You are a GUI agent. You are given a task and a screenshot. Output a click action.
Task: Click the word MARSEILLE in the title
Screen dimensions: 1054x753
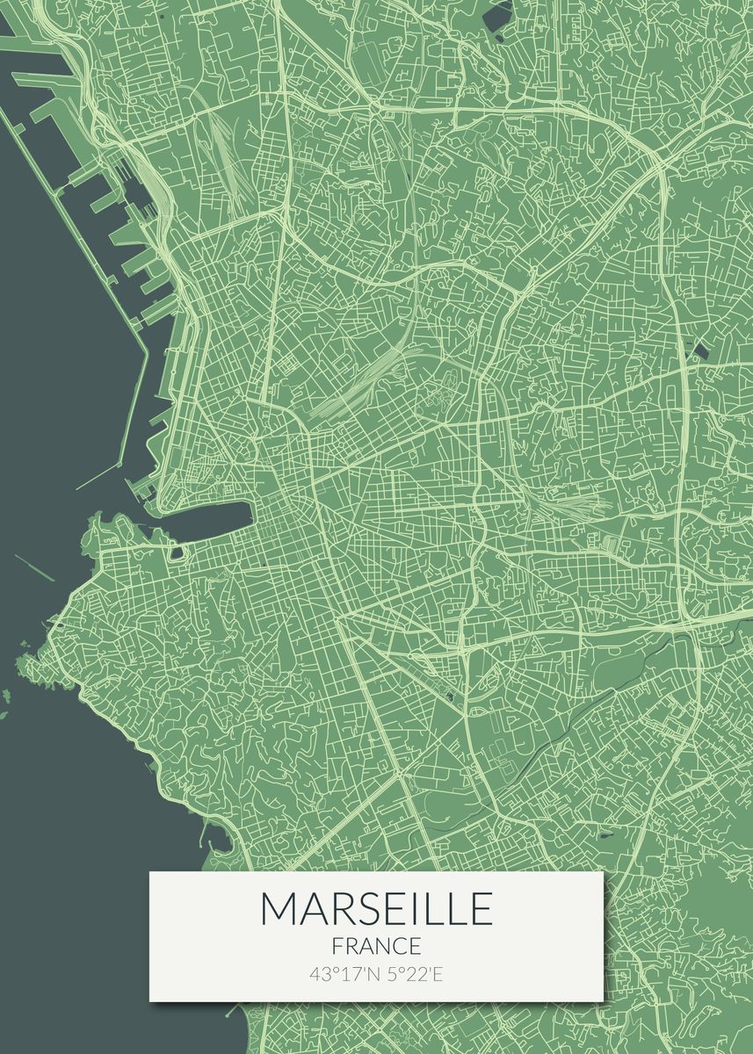376,908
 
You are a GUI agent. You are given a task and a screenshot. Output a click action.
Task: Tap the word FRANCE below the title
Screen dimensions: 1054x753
376,946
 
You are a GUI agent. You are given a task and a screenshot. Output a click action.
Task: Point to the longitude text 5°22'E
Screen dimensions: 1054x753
413,973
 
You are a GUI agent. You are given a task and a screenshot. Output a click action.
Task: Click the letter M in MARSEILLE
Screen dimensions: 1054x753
279,908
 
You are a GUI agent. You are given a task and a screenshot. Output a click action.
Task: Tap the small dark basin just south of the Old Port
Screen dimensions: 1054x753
177,552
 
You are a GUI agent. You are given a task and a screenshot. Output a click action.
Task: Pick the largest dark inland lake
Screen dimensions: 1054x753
499,12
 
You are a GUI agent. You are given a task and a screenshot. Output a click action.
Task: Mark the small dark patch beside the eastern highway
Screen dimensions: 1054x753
700,351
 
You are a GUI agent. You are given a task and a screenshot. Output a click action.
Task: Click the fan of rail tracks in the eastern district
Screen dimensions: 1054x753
576,504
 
